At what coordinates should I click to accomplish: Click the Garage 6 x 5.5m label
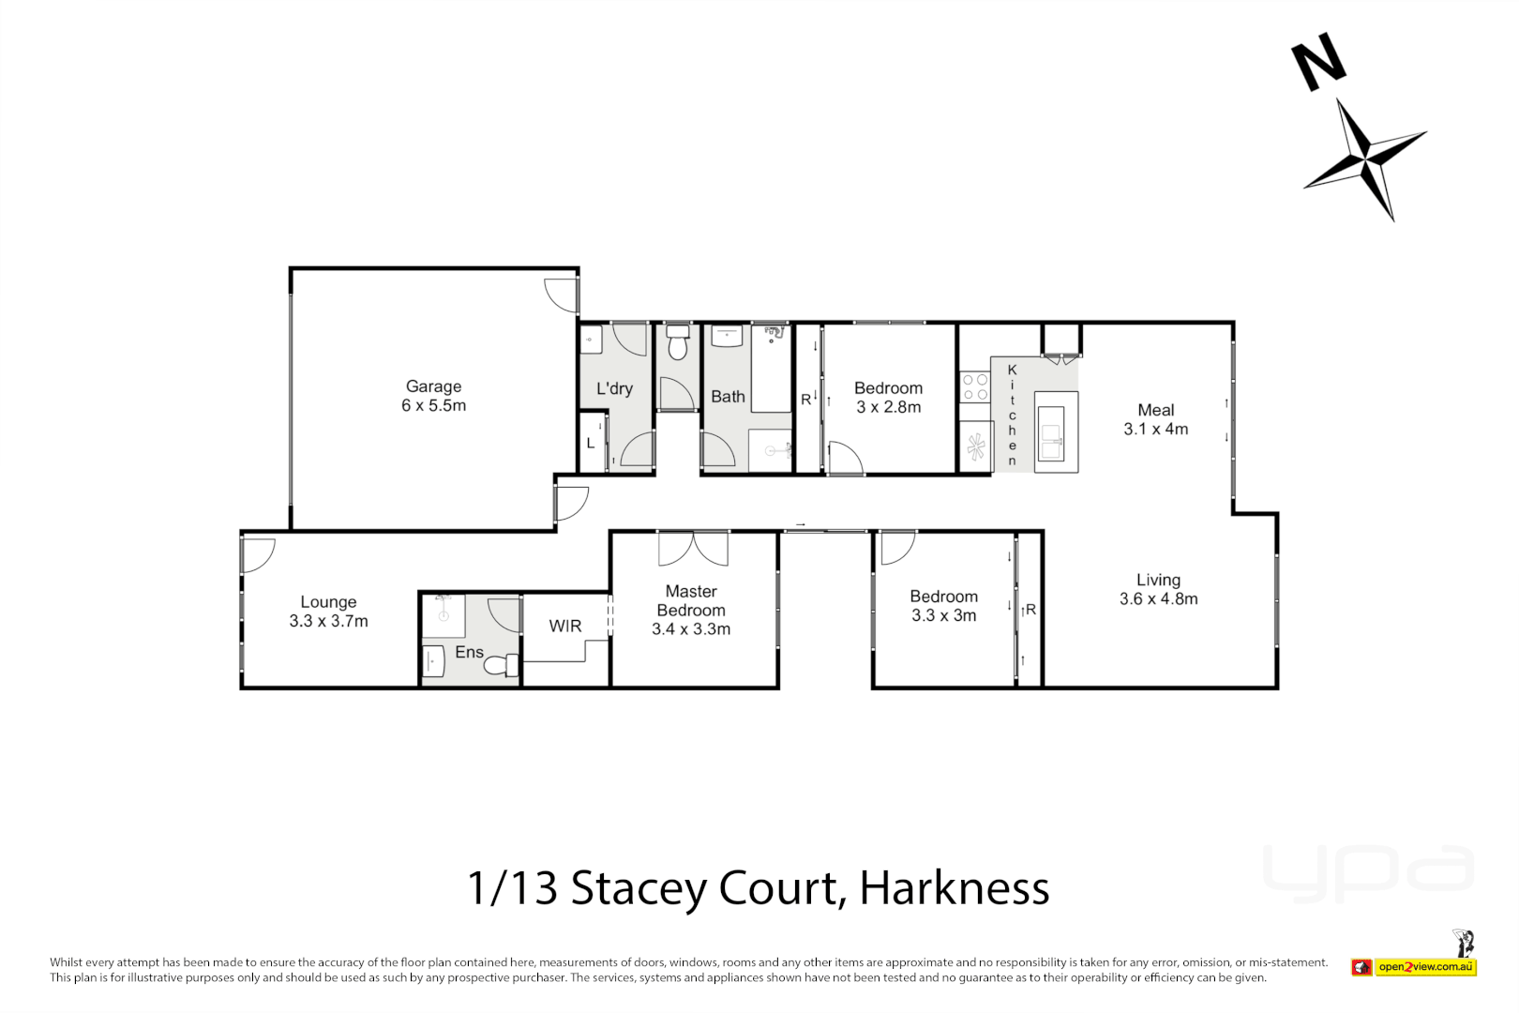(433, 396)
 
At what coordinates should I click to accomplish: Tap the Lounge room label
(328, 611)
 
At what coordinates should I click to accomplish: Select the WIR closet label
(564, 626)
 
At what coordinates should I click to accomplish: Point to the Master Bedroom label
(691, 610)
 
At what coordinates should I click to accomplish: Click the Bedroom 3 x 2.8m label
(888, 397)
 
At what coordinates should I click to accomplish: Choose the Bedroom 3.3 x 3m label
(943, 606)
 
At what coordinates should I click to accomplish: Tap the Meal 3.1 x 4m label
(1155, 419)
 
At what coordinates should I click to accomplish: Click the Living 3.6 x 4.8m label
(1158, 589)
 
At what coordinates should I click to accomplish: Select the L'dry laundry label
(614, 388)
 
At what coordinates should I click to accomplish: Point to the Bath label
(728, 397)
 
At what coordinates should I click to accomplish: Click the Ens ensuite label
(469, 652)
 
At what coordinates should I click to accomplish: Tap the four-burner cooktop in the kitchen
(975, 387)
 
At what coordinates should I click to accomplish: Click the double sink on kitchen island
(1051, 434)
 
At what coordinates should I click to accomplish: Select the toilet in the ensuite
(501, 665)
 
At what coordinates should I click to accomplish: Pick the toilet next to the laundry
(677, 344)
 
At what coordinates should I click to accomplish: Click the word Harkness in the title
(954, 887)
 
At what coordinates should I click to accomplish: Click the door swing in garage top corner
(561, 295)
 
